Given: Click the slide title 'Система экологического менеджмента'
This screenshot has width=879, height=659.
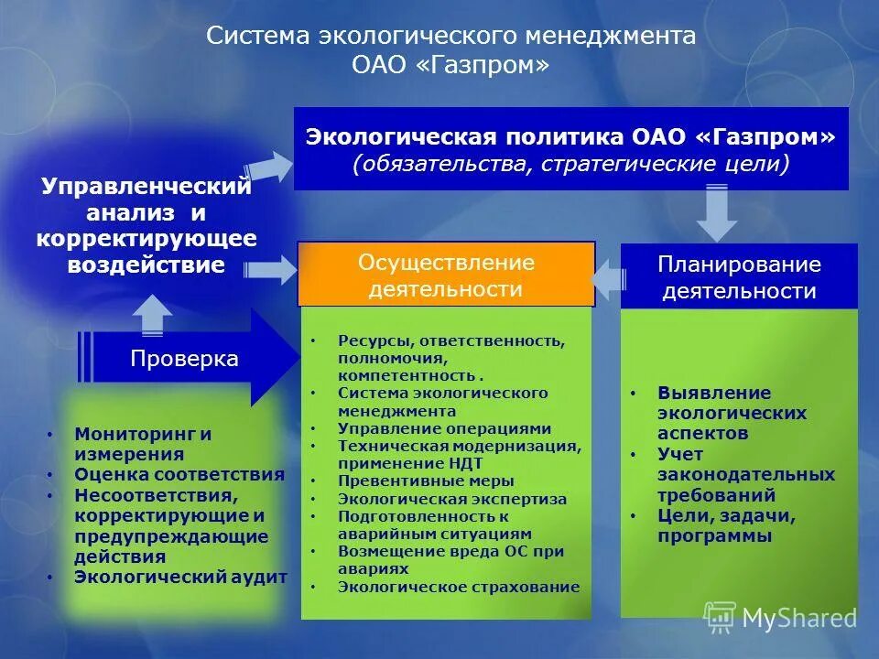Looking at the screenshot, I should point(450,37).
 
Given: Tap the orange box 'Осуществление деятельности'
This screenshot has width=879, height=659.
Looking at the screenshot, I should point(446,275).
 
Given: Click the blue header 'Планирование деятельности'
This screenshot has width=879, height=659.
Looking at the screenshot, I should point(739,277).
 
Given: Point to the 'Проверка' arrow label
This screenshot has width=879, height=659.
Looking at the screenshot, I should point(183,358).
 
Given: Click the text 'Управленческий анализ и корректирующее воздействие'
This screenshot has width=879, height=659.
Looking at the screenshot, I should point(146,226).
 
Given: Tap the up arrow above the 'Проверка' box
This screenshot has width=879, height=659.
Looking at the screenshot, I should point(152,316).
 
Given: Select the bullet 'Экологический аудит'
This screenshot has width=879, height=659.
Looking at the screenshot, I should point(180,577).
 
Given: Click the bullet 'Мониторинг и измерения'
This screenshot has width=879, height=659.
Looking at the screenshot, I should point(143,443).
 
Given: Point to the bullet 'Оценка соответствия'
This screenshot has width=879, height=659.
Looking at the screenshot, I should point(179,474).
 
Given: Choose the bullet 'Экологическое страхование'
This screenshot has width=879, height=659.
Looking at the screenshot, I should point(458,587).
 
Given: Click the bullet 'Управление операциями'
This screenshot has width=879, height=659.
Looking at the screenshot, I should point(444,427).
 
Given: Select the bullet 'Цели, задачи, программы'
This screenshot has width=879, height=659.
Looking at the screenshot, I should point(725,526).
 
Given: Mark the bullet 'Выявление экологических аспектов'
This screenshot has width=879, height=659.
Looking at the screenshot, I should point(731,413).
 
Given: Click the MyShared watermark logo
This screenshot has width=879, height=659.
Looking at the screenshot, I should point(780,618).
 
